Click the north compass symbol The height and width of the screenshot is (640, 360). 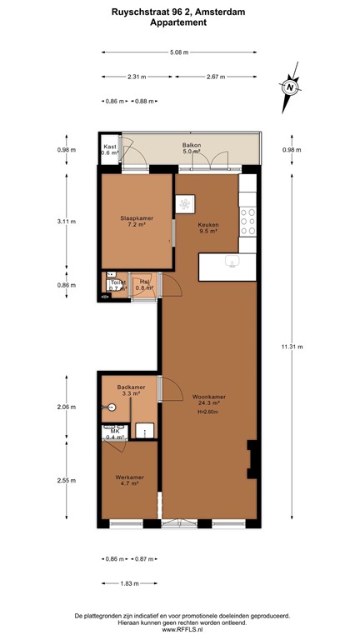(289, 87)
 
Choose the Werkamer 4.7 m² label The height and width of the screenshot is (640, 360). (130, 479)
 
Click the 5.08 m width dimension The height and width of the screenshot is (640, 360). (178, 52)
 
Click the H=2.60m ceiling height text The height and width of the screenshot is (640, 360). (207, 412)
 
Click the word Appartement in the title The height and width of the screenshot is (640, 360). (178, 22)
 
